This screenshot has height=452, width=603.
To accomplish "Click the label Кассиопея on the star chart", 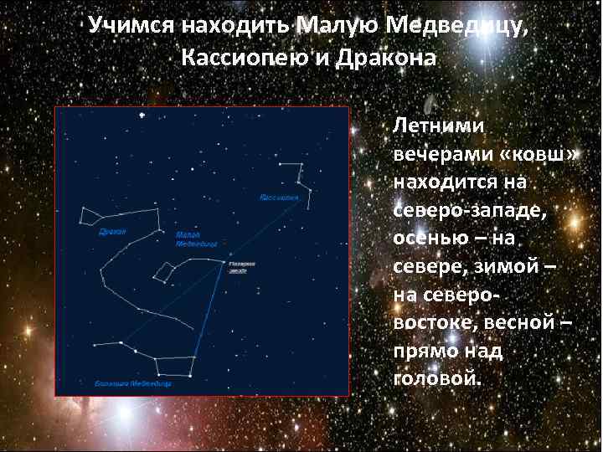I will pos(279,198).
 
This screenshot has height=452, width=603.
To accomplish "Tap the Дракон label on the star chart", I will pos(111,230).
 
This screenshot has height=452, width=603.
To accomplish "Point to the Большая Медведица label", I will pos(133,384).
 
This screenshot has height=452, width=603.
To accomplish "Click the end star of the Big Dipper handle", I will pos(96,344).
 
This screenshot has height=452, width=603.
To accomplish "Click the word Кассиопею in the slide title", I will pos(250,59).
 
